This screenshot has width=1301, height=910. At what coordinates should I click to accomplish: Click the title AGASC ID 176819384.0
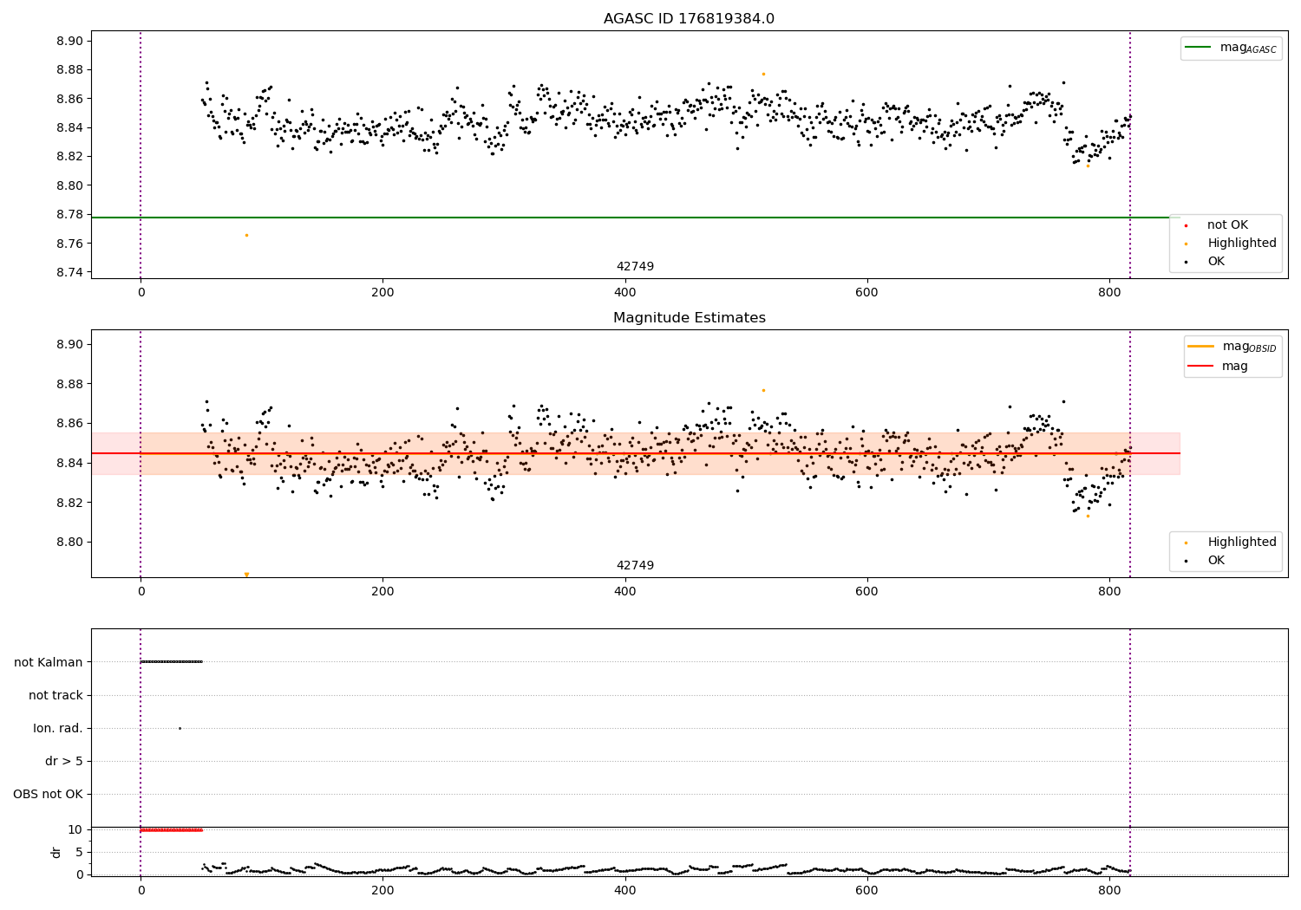689,19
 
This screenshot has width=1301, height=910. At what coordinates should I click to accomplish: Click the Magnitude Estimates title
689,318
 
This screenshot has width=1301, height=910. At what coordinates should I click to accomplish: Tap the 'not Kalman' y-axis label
48,662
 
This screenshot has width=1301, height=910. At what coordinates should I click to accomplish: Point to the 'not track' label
56,695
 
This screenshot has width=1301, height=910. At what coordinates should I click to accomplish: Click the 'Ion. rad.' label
57,728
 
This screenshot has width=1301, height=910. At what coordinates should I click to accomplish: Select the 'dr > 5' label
63,761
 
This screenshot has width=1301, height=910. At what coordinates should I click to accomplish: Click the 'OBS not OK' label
48,794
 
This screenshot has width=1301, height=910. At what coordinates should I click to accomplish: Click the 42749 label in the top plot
635,267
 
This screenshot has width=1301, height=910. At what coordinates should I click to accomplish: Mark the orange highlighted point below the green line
246,235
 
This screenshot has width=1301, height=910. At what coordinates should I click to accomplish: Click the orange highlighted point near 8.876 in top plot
763,74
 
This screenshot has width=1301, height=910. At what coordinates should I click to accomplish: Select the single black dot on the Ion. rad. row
180,728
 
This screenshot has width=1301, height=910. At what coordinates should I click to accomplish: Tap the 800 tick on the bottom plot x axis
1109,889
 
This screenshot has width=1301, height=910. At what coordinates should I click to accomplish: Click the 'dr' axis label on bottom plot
56,852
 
